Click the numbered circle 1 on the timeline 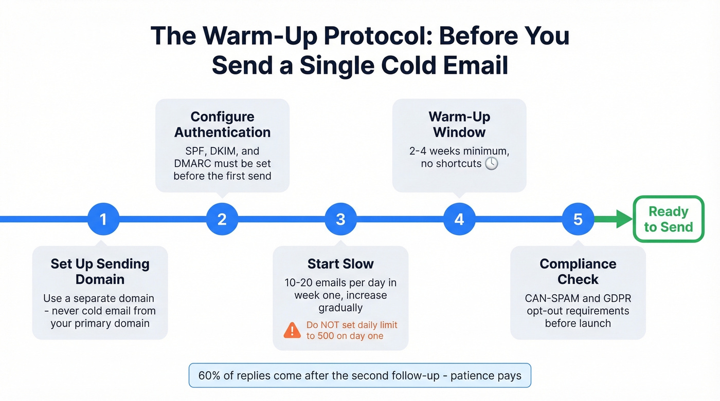coord(103,219)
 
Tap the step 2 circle coord(222,219)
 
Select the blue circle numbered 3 coord(340,219)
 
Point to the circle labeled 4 coord(459,219)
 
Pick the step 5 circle coord(578,219)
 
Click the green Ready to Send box coord(668,219)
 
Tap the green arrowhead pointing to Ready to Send coord(624,219)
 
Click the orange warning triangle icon coord(292,330)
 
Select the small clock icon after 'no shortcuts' coord(492,164)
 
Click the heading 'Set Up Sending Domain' coord(100,272)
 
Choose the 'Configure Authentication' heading coord(222,124)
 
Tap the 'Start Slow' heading coord(340,264)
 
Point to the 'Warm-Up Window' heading coord(459,124)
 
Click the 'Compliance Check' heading coord(578,272)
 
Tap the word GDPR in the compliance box coord(617,298)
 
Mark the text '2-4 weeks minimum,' coord(459,151)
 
